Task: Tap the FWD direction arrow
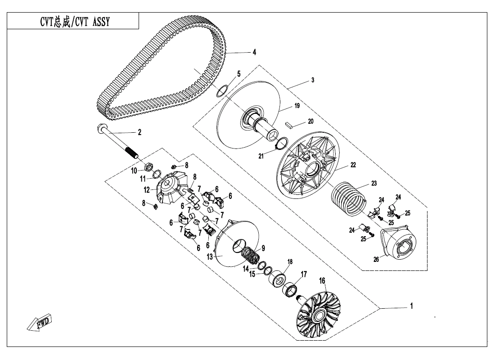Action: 39,323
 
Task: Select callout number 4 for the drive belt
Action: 254,52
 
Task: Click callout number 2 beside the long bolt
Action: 139,132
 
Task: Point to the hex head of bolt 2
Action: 101,128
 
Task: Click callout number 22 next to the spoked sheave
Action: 353,165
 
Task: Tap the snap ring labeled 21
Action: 281,144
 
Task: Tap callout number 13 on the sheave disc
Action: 209,256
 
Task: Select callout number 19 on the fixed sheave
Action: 297,107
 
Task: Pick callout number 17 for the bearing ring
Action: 304,274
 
